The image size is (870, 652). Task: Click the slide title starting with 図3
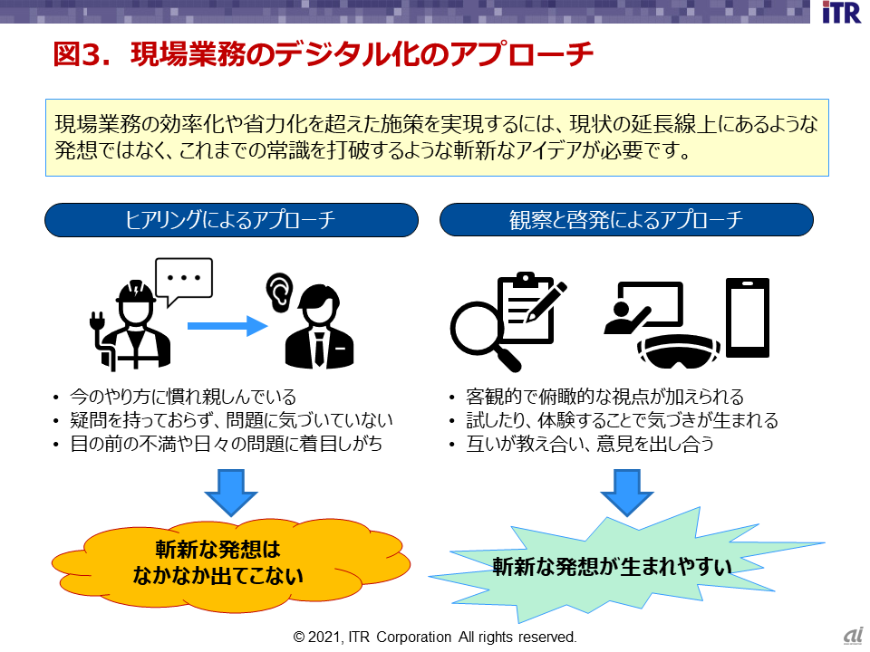pos(324,55)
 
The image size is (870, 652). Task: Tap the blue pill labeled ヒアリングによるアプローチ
pos(231,220)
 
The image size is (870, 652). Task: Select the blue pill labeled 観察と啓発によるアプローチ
pos(626,220)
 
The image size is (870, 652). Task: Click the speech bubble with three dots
pos(184,279)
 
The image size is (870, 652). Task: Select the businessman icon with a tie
pos(319,326)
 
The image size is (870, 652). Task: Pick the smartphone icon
pos(748,317)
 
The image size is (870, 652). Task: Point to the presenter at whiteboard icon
pos(645,308)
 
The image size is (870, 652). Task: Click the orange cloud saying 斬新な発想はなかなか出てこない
pos(231,561)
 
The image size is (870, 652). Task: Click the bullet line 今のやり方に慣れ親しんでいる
pos(181,397)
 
